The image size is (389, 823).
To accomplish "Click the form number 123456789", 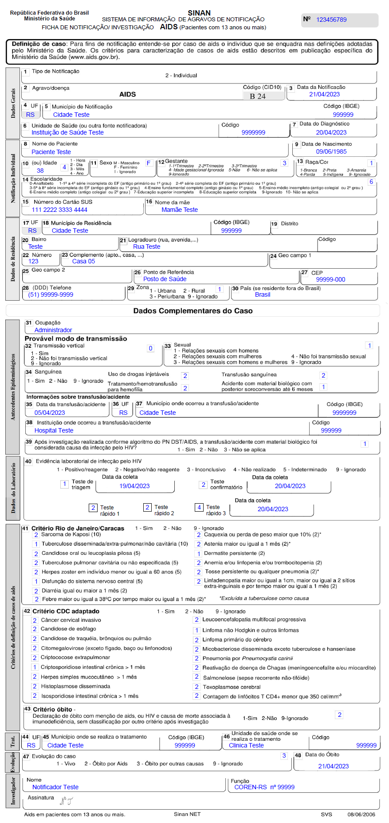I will (x=331, y=20).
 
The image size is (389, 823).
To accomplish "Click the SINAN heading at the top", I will (x=199, y=13).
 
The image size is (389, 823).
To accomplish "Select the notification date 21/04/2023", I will (x=324, y=94).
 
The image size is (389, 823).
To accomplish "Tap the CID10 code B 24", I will (x=258, y=96).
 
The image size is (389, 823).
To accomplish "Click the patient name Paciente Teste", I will (x=51, y=152).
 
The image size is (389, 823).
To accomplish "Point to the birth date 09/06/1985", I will (x=331, y=151).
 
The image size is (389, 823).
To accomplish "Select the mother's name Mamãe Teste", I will (x=180, y=210).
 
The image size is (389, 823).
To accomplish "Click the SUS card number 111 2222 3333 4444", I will (x=59, y=210).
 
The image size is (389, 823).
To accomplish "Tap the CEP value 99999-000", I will (x=330, y=279).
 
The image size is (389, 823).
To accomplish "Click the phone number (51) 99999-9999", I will (x=51, y=294).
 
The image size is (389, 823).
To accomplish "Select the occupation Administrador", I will (x=53, y=330).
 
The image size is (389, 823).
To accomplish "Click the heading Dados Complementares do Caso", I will (x=193, y=311).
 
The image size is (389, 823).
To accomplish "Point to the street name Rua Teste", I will (x=147, y=247).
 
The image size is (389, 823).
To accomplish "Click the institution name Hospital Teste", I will (x=54, y=430).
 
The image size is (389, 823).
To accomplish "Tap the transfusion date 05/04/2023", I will (x=50, y=413).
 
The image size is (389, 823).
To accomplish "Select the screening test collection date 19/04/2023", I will (x=134, y=486).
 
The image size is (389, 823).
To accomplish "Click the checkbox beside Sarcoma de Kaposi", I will (x=36, y=535).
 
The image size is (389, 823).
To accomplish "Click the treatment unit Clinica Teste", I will (x=246, y=745).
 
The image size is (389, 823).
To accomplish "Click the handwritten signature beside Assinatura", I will (x=67, y=801).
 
